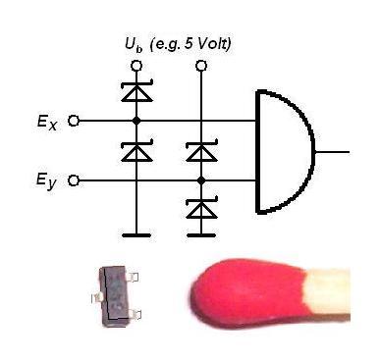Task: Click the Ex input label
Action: pos(47,123)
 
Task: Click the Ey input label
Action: pos(46,181)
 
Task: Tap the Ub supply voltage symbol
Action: pos(134,45)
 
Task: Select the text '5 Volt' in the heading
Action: pos(206,44)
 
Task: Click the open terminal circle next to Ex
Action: pos(74,121)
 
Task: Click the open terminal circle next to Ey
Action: pos(74,180)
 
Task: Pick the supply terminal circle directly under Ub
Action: pos(136,66)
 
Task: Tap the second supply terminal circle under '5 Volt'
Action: pos(201,66)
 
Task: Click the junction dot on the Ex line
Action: pos(136,121)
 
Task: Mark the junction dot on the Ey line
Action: pos(201,180)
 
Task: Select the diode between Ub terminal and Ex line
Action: pos(136,91)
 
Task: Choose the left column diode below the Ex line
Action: pos(136,151)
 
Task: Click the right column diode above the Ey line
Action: pos(201,151)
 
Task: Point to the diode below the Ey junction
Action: pos(201,208)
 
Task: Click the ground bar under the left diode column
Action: pos(136,235)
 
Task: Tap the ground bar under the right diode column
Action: pos(201,235)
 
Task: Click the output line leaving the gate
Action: pos(332,152)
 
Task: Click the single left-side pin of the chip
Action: pos(96,297)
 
